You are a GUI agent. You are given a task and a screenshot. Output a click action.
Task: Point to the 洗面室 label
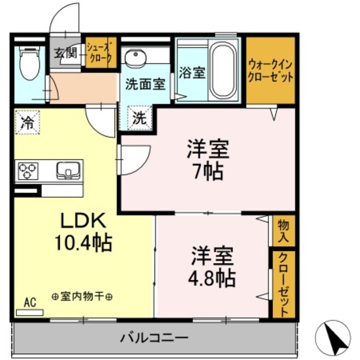[x=145, y=84]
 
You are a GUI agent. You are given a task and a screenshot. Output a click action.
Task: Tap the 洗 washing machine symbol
[x=139, y=118]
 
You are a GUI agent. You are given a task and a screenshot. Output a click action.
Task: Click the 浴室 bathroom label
[x=191, y=73]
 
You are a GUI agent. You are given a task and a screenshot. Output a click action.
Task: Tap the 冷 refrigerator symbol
[x=27, y=121]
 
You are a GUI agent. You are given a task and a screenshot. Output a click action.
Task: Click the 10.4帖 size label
[x=83, y=242]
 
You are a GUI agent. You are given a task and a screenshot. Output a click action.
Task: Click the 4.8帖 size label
[x=212, y=276]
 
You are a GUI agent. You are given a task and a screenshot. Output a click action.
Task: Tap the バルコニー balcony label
[x=154, y=338]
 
